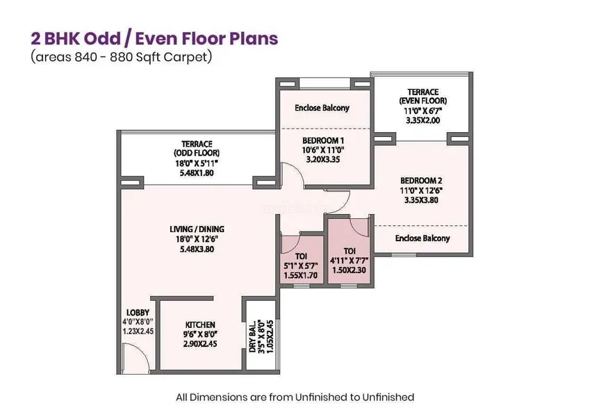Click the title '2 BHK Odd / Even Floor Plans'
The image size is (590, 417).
(154, 39)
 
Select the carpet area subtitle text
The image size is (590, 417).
(122, 57)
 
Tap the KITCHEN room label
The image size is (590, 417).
(200, 325)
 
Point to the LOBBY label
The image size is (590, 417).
(138, 312)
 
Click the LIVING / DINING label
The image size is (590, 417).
(197, 229)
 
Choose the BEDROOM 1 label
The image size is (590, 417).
(323, 141)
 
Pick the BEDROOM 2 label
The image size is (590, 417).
(421, 181)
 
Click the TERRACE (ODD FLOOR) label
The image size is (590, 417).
(197, 148)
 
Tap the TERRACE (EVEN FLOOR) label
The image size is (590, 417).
(423, 97)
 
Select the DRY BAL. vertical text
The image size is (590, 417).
(252, 336)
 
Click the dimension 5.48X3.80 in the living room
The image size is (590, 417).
(197, 249)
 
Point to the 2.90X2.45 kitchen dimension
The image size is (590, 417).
(200, 343)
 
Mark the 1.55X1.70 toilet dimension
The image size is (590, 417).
(301, 275)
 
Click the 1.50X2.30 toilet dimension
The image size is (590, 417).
(349, 270)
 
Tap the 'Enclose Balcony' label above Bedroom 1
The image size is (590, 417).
(322, 108)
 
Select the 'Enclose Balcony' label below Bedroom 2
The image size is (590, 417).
(423, 238)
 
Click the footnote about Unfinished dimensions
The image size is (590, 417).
(295, 398)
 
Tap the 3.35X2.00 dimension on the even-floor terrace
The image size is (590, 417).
(423, 120)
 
